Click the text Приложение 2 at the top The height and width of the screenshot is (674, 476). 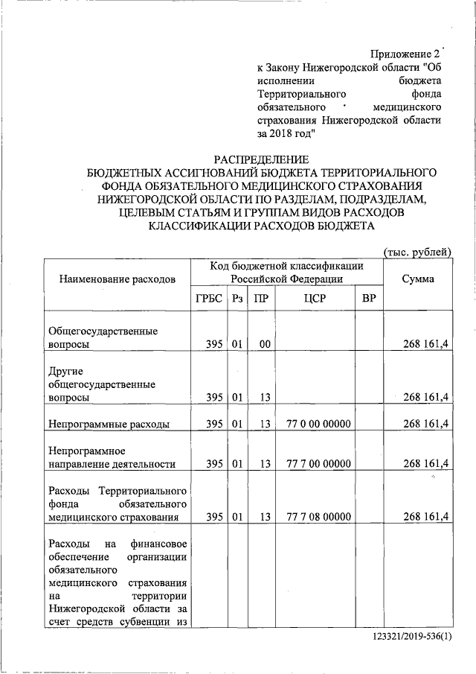coord(405,54)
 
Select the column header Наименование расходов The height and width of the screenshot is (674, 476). coord(112,279)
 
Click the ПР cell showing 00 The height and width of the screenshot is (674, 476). coord(263,344)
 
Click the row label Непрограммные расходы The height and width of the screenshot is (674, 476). coord(109,424)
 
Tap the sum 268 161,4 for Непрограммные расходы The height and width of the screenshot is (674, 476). coord(425,424)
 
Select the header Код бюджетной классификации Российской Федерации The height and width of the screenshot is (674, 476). coord(286,272)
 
